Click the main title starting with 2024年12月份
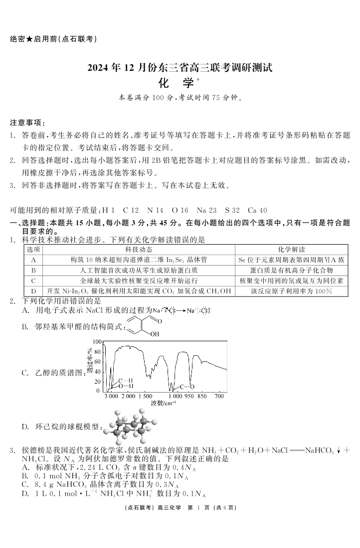point(180,68)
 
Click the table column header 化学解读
point(292,249)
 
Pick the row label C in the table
point(33,280)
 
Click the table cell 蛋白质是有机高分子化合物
point(292,270)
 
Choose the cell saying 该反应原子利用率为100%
point(292,291)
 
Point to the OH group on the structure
point(155,334)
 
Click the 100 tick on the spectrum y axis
point(98,342)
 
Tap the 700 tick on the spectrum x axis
point(219,397)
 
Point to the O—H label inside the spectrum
point(126,386)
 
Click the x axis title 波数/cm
point(164,403)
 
